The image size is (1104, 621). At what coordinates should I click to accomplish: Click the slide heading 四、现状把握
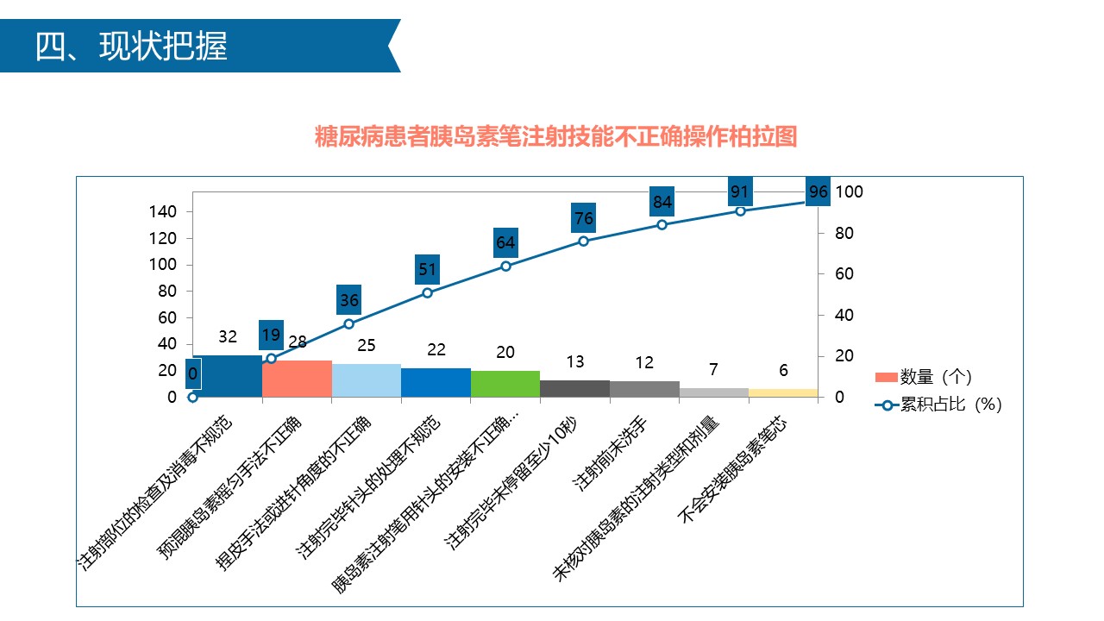point(131,47)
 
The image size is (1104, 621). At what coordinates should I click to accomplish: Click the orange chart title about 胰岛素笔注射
point(555,137)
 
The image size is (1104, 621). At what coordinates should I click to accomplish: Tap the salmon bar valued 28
point(297,379)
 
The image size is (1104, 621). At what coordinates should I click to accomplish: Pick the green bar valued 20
point(505,384)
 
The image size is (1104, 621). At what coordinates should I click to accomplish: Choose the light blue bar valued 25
point(367,380)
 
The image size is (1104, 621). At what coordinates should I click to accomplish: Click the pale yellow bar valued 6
point(783,392)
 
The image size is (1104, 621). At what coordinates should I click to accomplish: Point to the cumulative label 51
point(428,270)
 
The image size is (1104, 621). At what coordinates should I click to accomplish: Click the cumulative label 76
point(583,219)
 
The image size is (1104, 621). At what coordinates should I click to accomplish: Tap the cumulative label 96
point(819,191)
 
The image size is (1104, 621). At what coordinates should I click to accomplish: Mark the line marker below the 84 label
point(662,224)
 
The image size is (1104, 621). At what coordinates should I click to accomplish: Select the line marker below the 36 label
point(349,323)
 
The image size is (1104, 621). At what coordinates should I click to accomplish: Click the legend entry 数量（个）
point(936,377)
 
